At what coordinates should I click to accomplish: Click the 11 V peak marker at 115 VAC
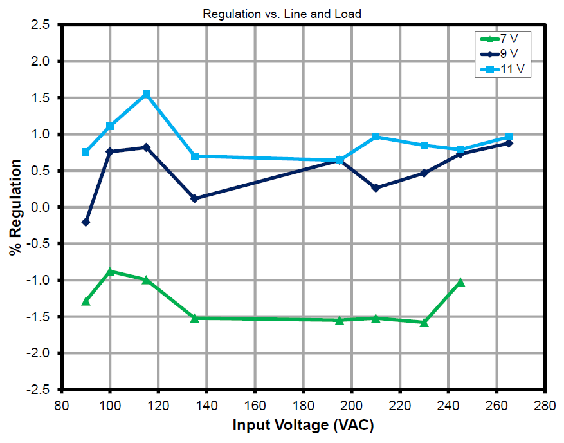[146, 94]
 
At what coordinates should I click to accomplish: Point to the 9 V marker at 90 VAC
[86, 222]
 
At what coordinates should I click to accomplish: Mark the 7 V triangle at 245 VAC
[460, 282]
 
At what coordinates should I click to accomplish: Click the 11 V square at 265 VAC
[509, 137]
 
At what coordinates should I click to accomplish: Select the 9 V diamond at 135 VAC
[195, 198]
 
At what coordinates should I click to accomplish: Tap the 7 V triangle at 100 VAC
[110, 272]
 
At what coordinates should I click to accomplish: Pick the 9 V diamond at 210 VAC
[376, 188]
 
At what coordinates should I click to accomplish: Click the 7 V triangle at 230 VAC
[424, 322]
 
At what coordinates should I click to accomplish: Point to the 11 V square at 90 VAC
[86, 152]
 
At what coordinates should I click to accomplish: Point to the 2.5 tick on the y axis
[41, 25]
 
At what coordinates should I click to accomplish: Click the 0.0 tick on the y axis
[41, 207]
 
